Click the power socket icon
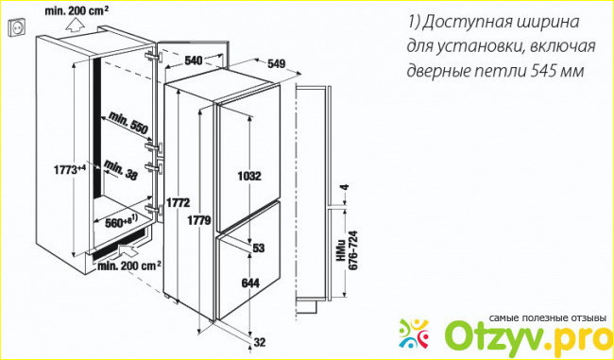click(16, 27)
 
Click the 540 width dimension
click(193, 60)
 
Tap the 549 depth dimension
click(277, 64)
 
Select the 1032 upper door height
click(249, 177)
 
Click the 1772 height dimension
click(178, 202)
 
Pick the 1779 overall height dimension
click(199, 220)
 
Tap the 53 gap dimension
click(259, 248)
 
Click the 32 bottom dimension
click(260, 342)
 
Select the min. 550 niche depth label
click(128, 123)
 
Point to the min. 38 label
click(121, 171)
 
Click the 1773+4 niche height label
click(70, 170)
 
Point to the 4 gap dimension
click(345, 188)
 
